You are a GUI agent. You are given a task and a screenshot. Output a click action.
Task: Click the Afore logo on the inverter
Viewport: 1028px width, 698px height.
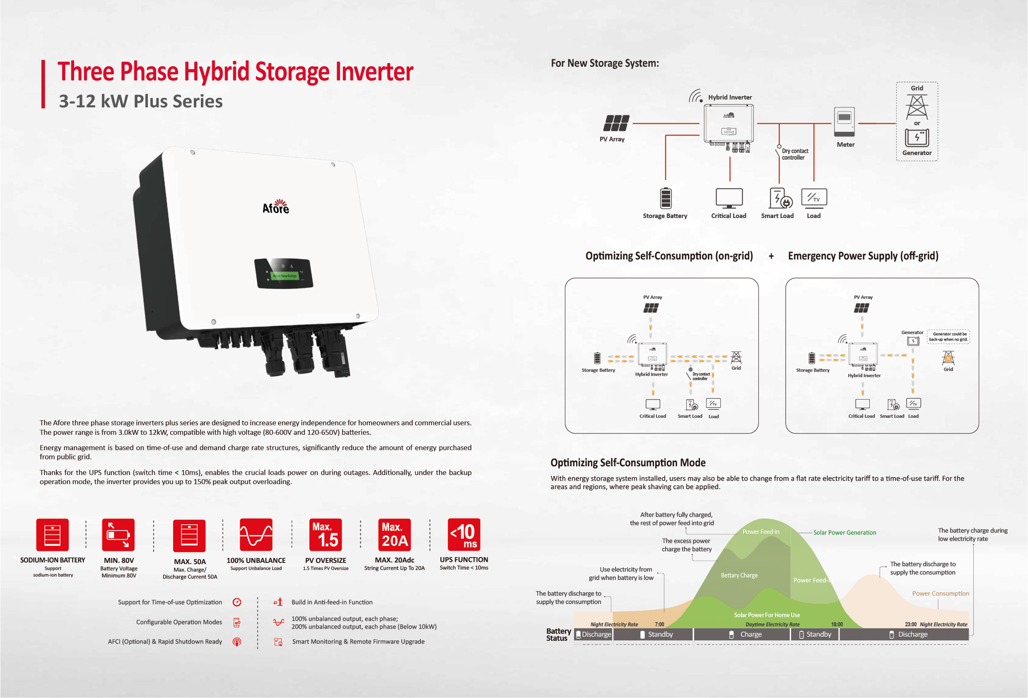pos(276,206)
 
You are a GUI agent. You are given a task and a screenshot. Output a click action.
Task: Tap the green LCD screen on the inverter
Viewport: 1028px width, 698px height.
pos(285,276)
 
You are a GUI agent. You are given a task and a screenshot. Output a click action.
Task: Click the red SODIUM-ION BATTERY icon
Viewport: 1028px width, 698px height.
pos(52,535)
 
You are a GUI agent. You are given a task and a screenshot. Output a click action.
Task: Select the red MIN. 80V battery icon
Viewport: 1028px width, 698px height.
pos(118,535)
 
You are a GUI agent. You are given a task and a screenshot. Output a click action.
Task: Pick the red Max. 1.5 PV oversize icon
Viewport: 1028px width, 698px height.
pos(326,535)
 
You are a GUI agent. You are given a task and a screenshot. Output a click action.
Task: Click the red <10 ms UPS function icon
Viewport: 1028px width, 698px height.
pos(464,535)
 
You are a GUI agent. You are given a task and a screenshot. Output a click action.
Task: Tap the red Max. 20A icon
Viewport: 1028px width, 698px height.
pos(395,535)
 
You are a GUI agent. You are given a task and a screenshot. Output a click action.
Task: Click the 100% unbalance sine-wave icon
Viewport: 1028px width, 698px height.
pos(256,535)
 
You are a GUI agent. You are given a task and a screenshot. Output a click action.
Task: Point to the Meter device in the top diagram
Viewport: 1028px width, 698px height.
pos(844,122)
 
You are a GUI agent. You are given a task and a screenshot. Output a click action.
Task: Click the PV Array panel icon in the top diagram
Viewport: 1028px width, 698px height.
pos(616,123)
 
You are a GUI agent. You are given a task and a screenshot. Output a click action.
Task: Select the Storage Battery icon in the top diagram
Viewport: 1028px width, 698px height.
pos(666,198)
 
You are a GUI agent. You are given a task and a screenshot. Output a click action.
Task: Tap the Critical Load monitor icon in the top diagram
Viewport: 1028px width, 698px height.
pos(729,198)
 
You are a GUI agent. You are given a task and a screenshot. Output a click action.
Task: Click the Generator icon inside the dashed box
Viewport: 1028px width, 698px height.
pos(917,138)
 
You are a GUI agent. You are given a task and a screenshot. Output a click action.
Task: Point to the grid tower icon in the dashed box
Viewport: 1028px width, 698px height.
pos(917,107)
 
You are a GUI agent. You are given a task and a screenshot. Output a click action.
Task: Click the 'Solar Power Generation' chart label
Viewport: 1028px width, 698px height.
pos(845,532)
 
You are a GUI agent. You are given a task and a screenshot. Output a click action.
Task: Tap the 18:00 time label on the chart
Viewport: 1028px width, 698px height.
pos(837,624)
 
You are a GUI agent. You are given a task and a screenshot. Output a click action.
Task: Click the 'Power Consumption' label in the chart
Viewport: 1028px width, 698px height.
pos(940,593)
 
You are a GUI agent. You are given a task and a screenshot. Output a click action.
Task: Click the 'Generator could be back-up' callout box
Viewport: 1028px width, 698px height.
pos(948,336)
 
